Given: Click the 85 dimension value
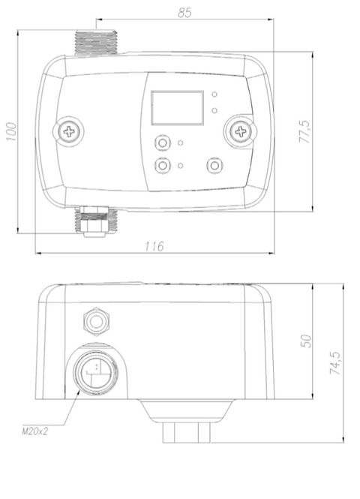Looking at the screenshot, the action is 184,13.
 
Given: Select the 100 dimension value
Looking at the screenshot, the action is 11,132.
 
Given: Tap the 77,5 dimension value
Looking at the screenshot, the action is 304,131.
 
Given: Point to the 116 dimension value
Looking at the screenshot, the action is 154,246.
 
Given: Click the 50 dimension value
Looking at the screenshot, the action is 306,341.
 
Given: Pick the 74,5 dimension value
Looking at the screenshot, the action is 335,362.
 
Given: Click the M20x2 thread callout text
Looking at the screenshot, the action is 34,431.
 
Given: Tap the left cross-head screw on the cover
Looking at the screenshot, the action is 69,131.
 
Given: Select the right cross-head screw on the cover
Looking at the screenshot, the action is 240,131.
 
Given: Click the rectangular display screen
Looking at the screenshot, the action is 177,108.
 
